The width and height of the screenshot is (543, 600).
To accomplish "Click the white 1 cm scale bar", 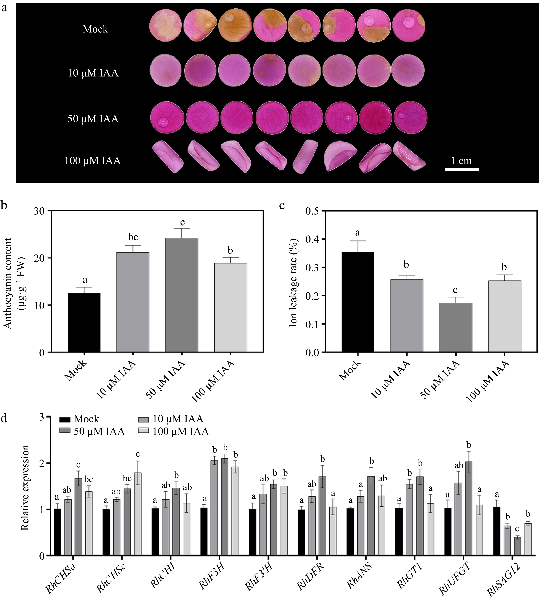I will point(462,170).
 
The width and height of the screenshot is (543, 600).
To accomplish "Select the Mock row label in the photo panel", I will point(95,29).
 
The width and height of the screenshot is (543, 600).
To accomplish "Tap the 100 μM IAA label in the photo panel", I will point(93,161).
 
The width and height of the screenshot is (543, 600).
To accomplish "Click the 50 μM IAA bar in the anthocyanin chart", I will point(182,295).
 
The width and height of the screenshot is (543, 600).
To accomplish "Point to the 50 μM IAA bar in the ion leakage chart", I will point(455,327).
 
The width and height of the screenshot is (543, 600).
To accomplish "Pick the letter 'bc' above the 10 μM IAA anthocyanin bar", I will point(133,237).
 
